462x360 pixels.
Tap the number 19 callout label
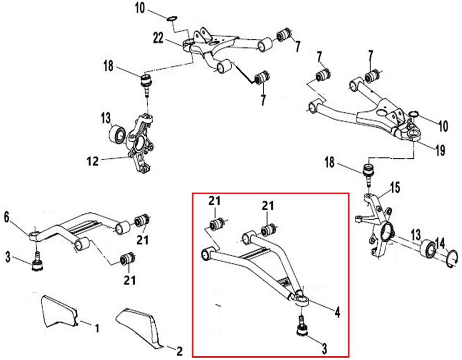click(439, 150)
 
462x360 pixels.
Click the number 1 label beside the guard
click(97, 329)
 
